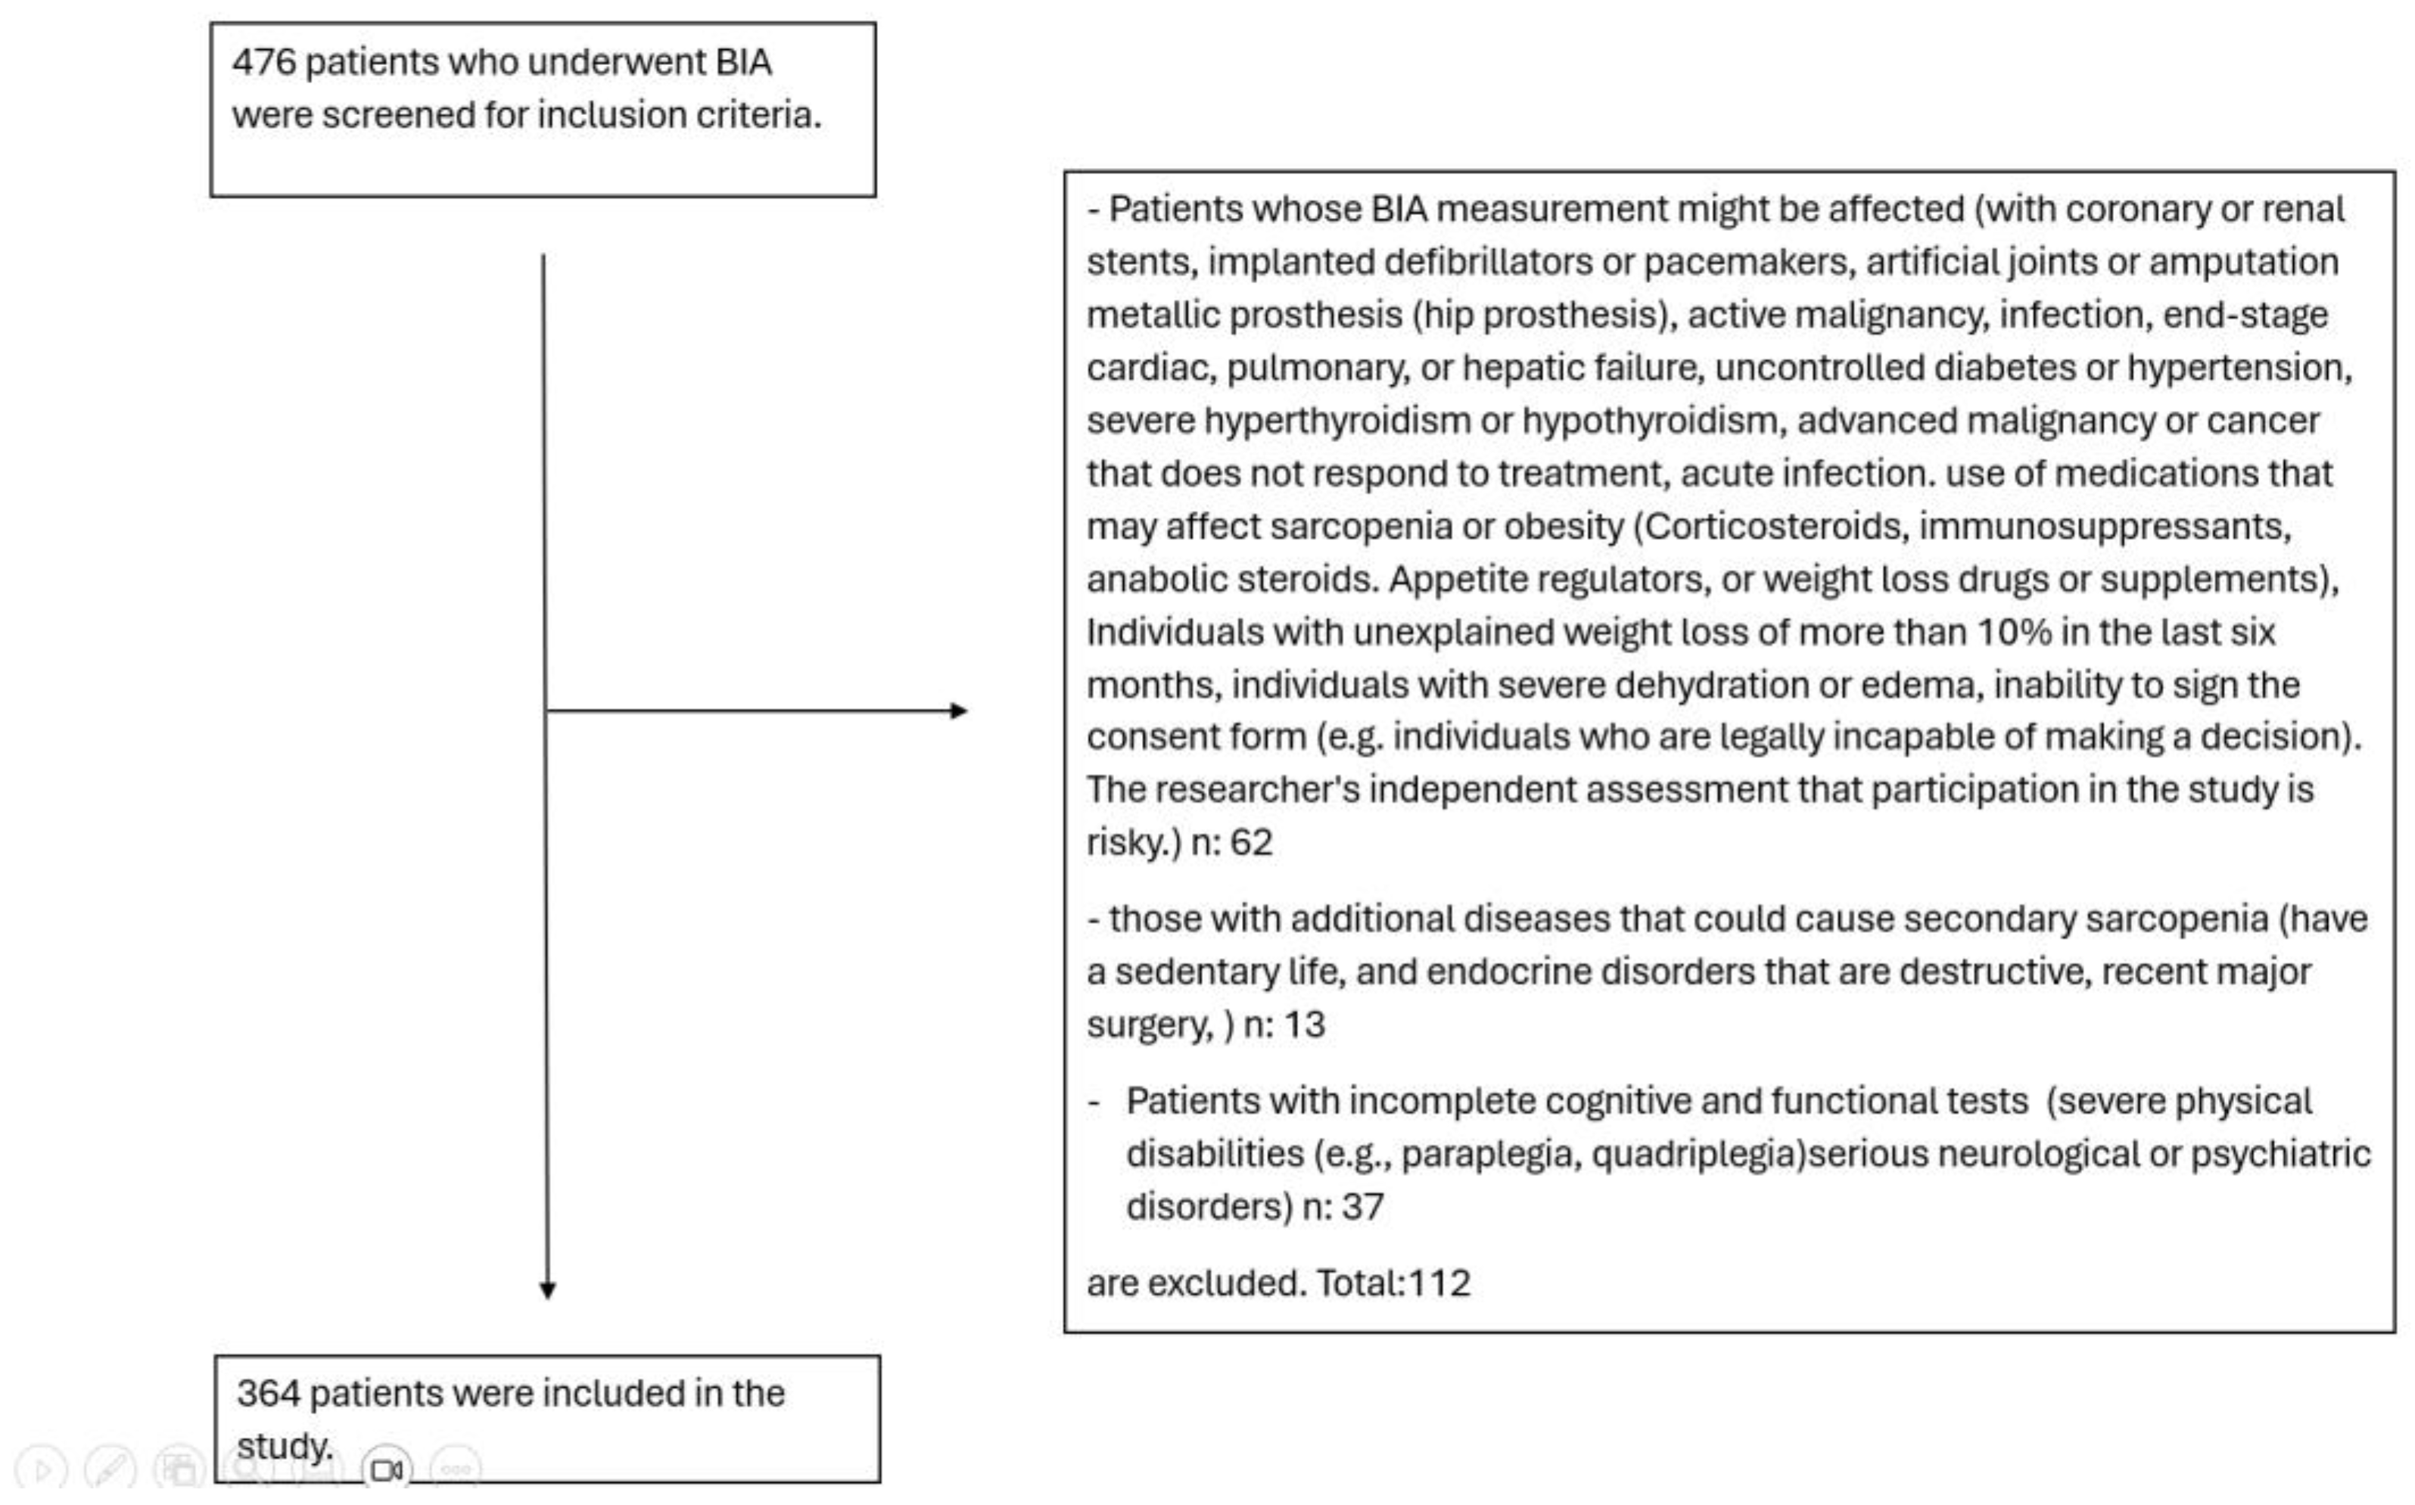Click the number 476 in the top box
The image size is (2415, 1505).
click(x=264, y=63)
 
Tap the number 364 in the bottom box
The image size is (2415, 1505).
click(x=268, y=1394)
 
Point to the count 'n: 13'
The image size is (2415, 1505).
click(x=1285, y=1025)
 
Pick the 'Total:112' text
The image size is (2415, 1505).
click(x=1393, y=1284)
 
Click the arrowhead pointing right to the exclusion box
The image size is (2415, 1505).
click(x=959, y=711)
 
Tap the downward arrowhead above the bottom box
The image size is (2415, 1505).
click(x=547, y=1290)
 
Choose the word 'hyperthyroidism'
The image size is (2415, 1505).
click(x=1337, y=421)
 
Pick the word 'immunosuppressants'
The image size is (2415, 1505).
click(x=2103, y=527)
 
